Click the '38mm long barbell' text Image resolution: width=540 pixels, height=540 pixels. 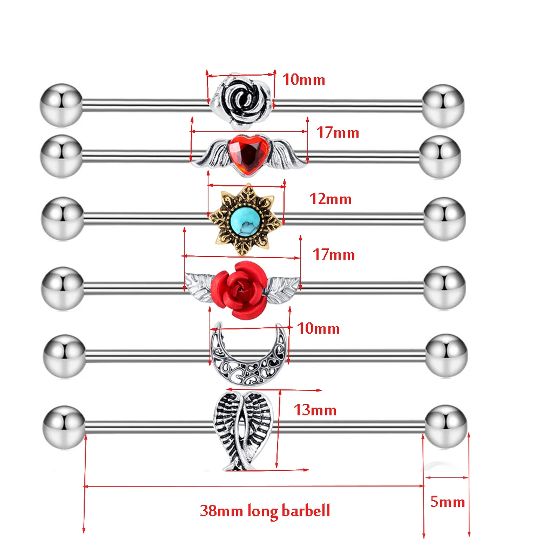(x=265, y=510)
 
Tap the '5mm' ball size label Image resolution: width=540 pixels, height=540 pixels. (x=448, y=502)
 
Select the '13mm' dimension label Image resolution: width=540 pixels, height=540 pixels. (x=315, y=410)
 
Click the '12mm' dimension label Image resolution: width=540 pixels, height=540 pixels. (x=330, y=199)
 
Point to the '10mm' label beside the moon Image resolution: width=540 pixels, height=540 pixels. (x=318, y=328)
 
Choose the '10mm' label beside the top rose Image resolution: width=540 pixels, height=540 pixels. (x=304, y=80)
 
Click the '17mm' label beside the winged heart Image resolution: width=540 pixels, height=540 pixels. (x=337, y=132)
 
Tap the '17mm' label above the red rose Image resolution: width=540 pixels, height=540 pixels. (x=334, y=254)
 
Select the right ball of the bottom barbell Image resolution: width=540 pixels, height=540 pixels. (x=447, y=426)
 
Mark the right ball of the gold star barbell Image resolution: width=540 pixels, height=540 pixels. (x=444, y=219)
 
